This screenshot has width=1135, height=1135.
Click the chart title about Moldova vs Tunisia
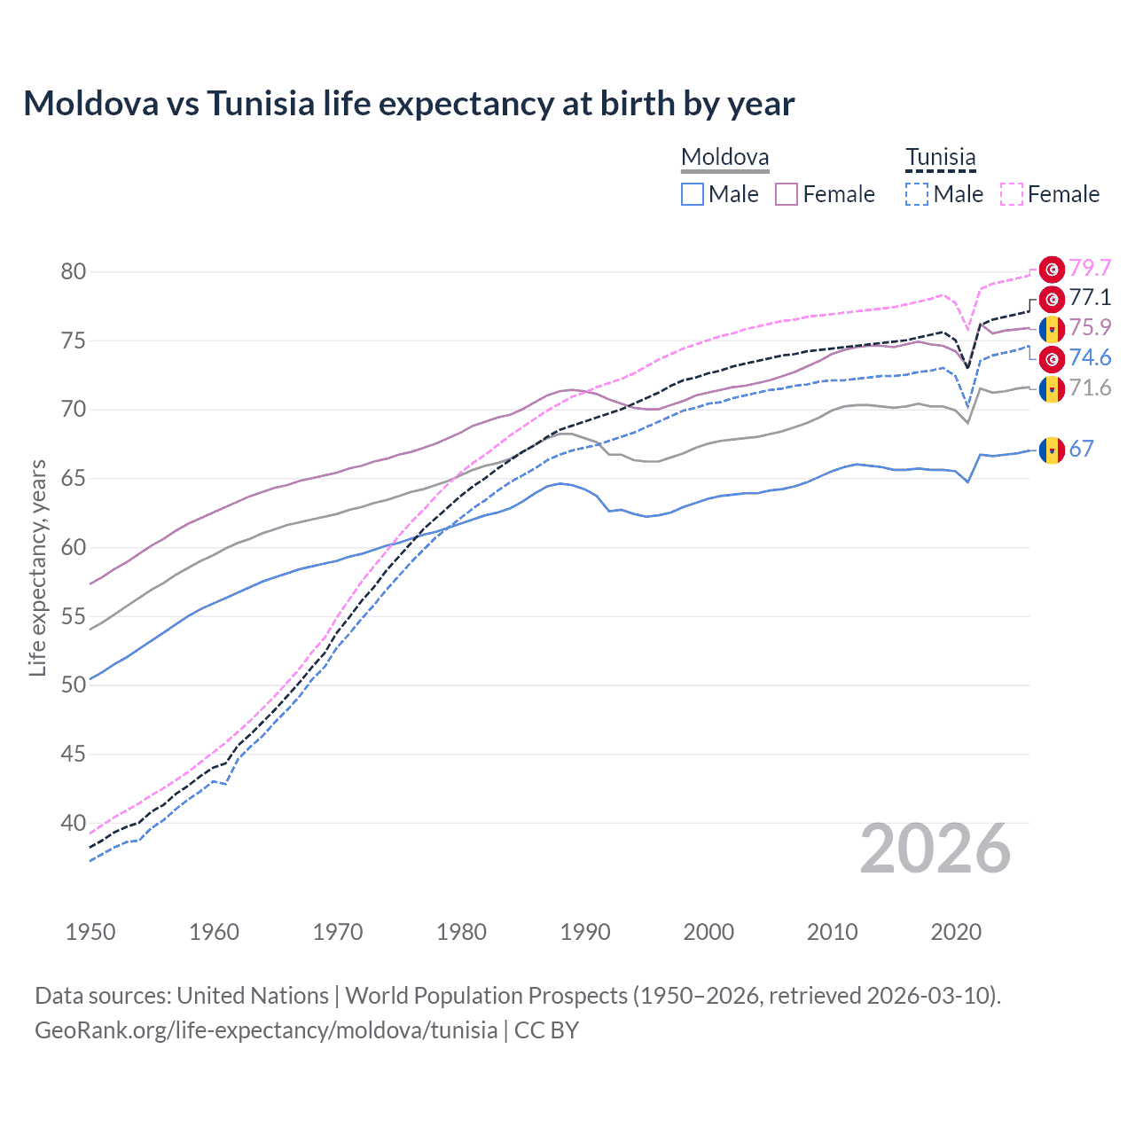(x=409, y=104)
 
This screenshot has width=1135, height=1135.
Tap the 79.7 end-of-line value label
(x=1090, y=268)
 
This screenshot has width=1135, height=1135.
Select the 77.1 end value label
(x=1090, y=298)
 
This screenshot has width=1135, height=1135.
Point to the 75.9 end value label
(x=1090, y=328)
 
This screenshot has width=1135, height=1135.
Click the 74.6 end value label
(x=1090, y=358)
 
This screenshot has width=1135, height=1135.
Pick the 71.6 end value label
(x=1090, y=388)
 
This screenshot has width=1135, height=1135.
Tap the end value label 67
(x=1081, y=450)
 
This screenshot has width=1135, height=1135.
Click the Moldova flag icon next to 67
(x=1052, y=450)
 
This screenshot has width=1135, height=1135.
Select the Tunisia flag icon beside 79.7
(x=1052, y=269)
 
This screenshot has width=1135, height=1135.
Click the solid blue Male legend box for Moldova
(x=693, y=194)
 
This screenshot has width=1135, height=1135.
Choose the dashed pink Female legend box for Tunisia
(x=1012, y=194)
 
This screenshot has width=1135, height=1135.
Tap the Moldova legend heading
(x=724, y=158)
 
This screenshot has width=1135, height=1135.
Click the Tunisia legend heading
(x=940, y=158)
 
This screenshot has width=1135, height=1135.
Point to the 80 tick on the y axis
(x=74, y=272)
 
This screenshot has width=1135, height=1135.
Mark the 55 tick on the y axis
(x=74, y=616)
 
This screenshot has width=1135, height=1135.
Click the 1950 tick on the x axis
(x=90, y=932)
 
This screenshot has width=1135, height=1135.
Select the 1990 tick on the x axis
(x=585, y=932)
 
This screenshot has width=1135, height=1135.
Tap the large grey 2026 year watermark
(x=935, y=849)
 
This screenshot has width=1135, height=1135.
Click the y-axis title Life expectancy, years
(x=38, y=567)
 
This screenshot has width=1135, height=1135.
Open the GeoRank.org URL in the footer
(x=266, y=1030)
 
